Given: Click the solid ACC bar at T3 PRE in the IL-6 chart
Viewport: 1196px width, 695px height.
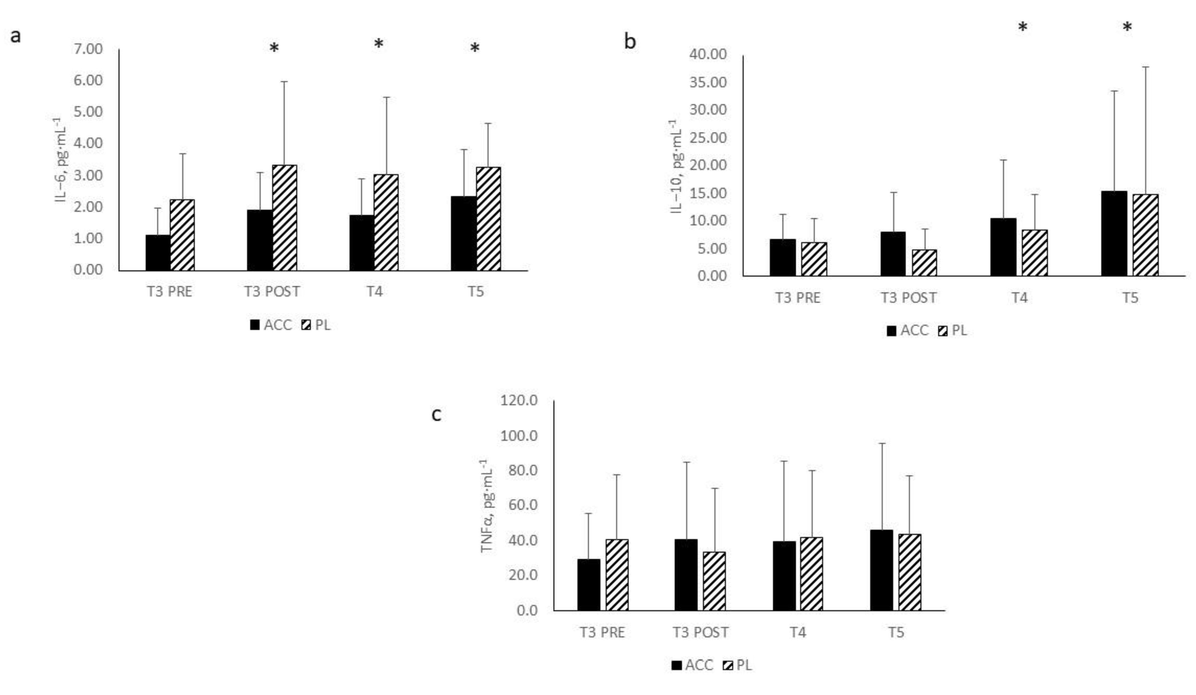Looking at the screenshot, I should [158, 253].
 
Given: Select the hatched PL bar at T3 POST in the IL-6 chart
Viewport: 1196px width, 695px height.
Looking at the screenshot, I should [285, 218].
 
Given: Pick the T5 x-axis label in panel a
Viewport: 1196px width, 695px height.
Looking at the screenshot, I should [476, 291].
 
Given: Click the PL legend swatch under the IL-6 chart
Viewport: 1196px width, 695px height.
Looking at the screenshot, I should [307, 325].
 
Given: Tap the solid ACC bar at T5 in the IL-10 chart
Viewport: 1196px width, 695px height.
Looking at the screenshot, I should [1114, 234].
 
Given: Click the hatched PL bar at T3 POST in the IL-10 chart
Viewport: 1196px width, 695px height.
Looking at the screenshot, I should [924, 263].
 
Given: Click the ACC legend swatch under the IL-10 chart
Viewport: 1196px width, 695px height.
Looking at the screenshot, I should [891, 331].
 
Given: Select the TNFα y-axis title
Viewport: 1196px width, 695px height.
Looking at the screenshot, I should [488, 507].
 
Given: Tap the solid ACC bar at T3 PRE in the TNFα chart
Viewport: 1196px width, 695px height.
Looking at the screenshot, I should [588, 585].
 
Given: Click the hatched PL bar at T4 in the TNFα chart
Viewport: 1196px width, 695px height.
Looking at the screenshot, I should [812, 573].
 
